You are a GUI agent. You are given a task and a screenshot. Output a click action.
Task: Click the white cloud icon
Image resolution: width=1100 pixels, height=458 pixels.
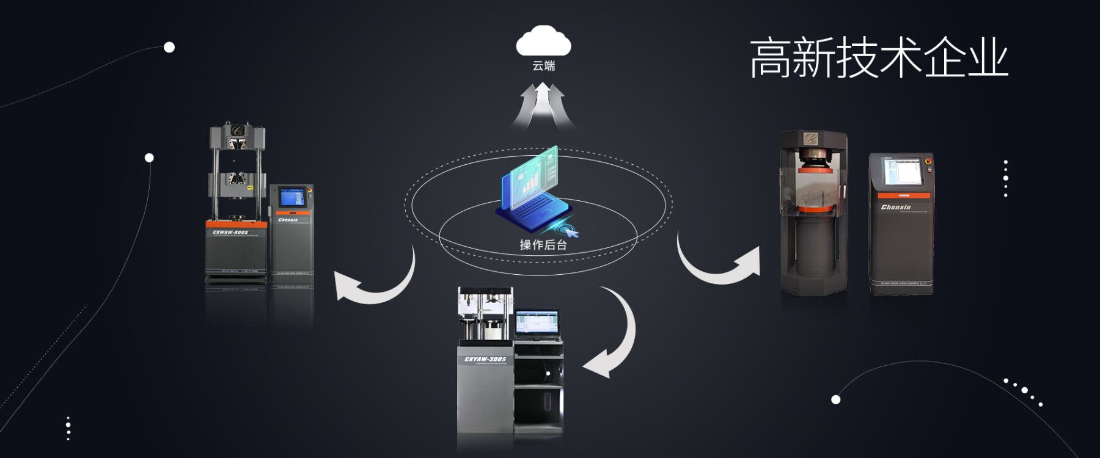pyautogui.click(x=543, y=42)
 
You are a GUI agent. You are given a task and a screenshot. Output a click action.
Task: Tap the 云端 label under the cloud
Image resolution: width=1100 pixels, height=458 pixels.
pyautogui.click(x=543, y=66)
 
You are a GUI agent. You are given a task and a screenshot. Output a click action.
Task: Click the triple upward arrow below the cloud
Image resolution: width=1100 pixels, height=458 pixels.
pyautogui.click(x=543, y=105)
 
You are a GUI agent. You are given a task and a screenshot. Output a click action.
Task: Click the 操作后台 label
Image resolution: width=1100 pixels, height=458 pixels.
pyautogui.click(x=543, y=245)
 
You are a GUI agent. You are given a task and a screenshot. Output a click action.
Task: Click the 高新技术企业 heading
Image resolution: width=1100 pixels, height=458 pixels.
pyautogui.click(x=878, y=58)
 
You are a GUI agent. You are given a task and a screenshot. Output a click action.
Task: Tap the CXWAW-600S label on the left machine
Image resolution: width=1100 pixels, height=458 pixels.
pyautogui.click(x=235, y=232)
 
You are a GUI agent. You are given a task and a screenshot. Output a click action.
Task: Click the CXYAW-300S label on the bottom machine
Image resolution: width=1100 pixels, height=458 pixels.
pyautogui.click(x=485, y=359)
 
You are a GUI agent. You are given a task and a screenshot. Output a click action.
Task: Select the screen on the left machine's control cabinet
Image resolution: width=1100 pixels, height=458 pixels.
pyautogui.click(x=292, y=197)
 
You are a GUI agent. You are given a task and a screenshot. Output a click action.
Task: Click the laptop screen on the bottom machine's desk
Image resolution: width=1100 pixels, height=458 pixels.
pyautogui.click(x=537, y=322)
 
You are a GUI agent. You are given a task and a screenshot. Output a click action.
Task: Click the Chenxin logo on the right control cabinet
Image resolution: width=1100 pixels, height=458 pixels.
pyautogui.click(x=895, y=208)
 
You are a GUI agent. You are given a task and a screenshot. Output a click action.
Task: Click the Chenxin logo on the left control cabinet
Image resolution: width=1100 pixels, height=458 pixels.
pyautogui.click(x=288, y=220)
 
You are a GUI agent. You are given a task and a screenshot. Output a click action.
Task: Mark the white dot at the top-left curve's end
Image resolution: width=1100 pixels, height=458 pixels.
pyautogui.click(x=169, y=48)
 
